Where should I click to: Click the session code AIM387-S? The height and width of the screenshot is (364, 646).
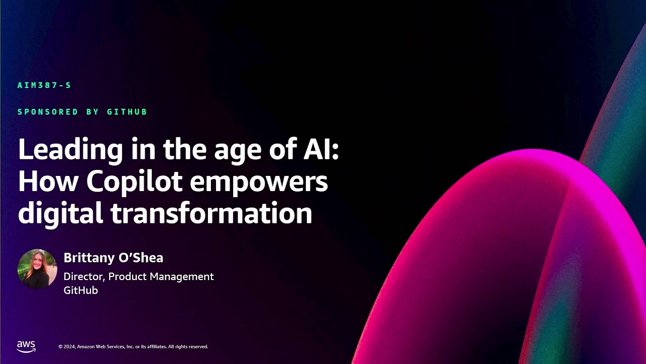click(44, 85)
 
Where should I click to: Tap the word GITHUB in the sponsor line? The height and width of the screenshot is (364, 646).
click(127, 112)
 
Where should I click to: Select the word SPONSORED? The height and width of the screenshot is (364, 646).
click(48, 112)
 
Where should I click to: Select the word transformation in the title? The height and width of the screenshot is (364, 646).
click(211, 213)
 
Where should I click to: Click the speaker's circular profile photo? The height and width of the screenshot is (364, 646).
click(37, 269)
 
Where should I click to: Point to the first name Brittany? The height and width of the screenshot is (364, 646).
click(89, 258)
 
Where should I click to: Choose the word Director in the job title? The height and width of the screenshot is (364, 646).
click(84, 277)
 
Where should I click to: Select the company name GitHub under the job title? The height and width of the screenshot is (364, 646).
click(81, 290)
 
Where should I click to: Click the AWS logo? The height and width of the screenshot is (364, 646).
click(26, 346)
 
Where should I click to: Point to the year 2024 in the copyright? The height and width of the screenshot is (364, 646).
click(69, 347)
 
